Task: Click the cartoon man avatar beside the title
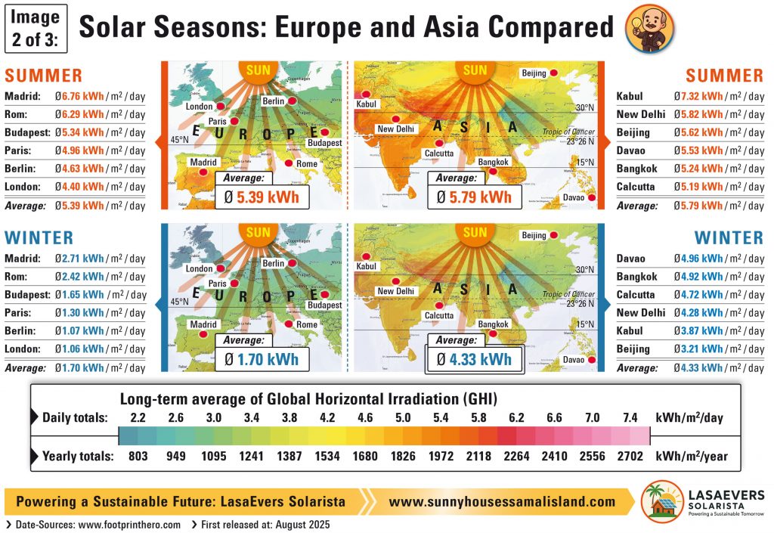tap(650, 28)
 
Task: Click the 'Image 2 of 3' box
tap(36, 28)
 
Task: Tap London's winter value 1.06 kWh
tap(82, 349)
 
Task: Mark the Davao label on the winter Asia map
tap(574, 359)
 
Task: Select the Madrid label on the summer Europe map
tap(203, 162)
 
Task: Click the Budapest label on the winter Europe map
tap(324, 305)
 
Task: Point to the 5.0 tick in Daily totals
tap(403, 417)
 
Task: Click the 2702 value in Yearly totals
tap(630, 456)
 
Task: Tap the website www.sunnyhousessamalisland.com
tap(502, 501)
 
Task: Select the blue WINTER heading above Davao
tap(729, 237)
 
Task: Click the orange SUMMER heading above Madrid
tap(43, 76)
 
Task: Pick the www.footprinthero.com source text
tap(129, 524)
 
